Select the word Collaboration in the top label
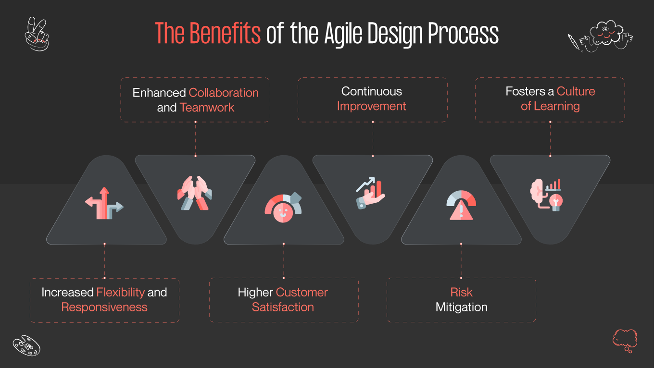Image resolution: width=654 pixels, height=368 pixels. coord(224,93)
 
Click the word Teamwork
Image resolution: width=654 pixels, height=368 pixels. coord(207,108)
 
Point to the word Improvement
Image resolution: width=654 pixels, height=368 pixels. coord(371,106)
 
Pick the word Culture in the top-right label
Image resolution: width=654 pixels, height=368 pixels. coord(576,91)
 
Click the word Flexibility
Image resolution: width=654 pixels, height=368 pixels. coord(121,292)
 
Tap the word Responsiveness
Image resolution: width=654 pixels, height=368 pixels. coord(104,307)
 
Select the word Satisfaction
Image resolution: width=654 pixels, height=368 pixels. coord(283,307)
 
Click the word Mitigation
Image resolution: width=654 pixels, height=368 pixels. coord(461,307)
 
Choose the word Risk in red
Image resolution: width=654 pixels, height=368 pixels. coord(461,292)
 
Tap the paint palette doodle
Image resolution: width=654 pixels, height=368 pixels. coord(26,345)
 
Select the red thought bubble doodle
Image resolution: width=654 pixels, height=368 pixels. coord(625,340)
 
